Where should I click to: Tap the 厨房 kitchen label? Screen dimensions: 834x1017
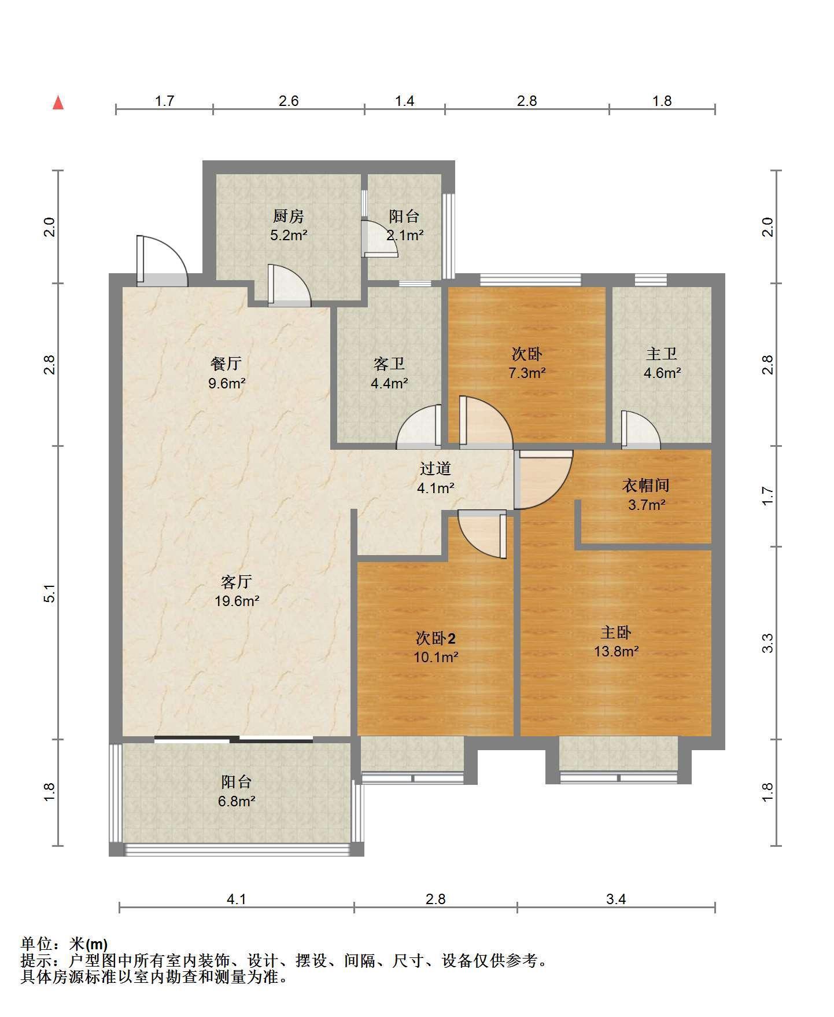(x=288, y=217)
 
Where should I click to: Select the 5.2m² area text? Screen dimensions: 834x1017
(x=289, y=236)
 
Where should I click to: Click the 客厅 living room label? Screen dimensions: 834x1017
(x=237, y=582)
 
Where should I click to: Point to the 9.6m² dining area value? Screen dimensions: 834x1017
(x=227, y=383)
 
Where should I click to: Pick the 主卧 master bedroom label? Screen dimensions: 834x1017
(x=616, y=632)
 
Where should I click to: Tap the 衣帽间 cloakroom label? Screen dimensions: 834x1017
(x=645, y=485)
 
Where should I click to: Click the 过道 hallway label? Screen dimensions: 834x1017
(x=435, y=468)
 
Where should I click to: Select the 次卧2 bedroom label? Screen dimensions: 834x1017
(x=436, y=638)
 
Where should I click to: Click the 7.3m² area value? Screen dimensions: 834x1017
(x=527, y=373)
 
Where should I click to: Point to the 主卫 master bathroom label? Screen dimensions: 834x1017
(x=661, y=353)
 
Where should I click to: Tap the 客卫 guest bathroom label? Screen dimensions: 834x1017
(x=389, y=364)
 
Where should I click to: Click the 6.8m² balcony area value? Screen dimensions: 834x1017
(x=237, y=802)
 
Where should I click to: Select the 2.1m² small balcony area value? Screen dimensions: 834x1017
(x=405, y=236)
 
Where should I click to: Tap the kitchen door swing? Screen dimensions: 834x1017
(x=289, y=285)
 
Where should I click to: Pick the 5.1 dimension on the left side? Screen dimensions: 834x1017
(x=50, y=594)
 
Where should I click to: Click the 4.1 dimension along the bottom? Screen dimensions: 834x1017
(x=236, y=899)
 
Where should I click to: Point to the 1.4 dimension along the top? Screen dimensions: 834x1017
(x=404, y=101)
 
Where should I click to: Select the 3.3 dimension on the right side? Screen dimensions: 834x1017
(x=767, y=643)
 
